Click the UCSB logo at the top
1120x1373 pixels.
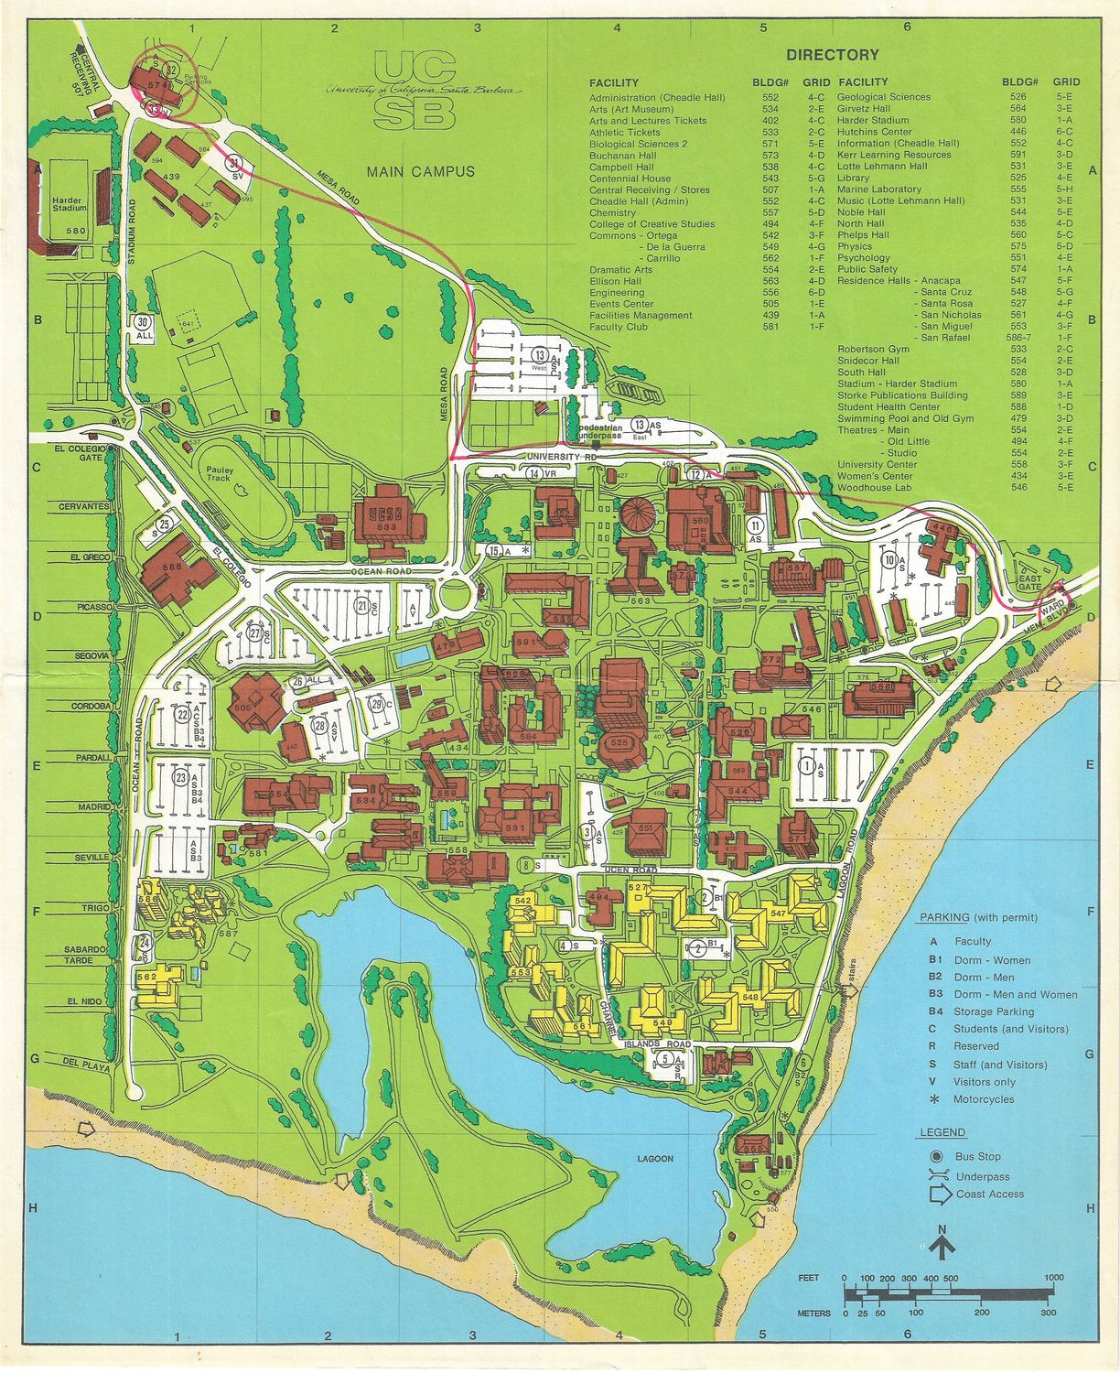pos(413,90)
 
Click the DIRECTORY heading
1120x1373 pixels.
pos(832,55)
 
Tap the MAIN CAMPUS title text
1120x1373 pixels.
pos(420,171)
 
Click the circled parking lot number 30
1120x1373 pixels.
pos(142,322)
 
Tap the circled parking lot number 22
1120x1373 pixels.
pos(183,716)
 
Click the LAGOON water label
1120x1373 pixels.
pos(655,1159)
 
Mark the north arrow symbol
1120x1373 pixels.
pos(942,1243)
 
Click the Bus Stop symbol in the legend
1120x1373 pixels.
pos(937,1157)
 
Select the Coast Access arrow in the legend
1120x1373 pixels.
pos(940,1195)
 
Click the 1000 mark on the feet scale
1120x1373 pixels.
pos(1052,1278)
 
